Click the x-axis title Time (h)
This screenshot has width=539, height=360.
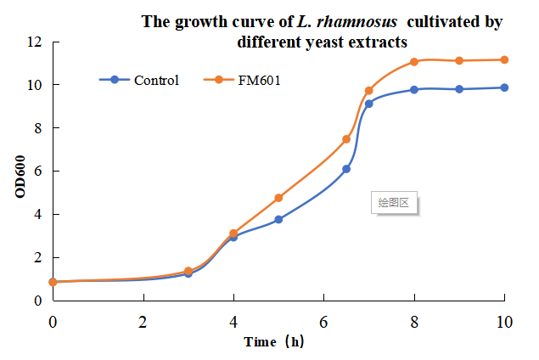(273, 342)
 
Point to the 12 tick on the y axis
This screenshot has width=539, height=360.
(35, 42)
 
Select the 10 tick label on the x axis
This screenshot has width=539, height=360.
(505, 322)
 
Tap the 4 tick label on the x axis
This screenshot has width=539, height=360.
(233, 322)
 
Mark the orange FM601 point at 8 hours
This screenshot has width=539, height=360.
(414, 62)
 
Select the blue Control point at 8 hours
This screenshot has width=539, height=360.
(414, 89)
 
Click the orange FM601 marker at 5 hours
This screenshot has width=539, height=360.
(278, 198)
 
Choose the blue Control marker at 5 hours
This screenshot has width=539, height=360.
(278, 219)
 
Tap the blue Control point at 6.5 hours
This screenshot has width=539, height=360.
(346, 169)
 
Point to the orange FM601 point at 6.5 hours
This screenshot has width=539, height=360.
(346, 139)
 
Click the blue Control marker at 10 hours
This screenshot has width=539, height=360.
(504, 87)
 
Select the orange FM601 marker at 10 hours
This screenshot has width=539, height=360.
(504, 59)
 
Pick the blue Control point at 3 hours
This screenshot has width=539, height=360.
(188, 273)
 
